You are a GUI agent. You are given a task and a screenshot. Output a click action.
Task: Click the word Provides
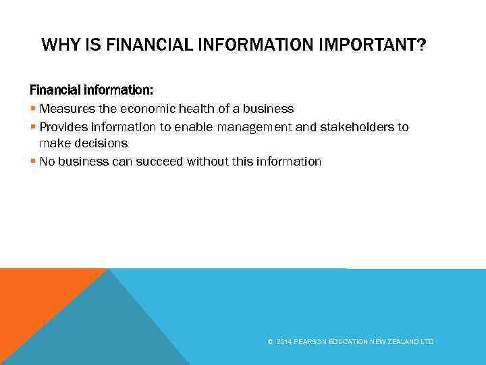point(65,127)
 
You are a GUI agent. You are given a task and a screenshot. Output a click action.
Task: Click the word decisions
point(102,143)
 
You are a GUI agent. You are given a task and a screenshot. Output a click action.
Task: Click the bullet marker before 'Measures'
point(33,109)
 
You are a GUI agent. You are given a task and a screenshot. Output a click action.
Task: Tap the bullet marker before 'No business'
point(33,162)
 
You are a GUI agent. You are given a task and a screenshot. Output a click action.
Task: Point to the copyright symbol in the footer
point(271,342)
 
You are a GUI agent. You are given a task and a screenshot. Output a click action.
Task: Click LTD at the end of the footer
point(427,342)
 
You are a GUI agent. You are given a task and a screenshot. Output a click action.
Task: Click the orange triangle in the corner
point(34,297)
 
